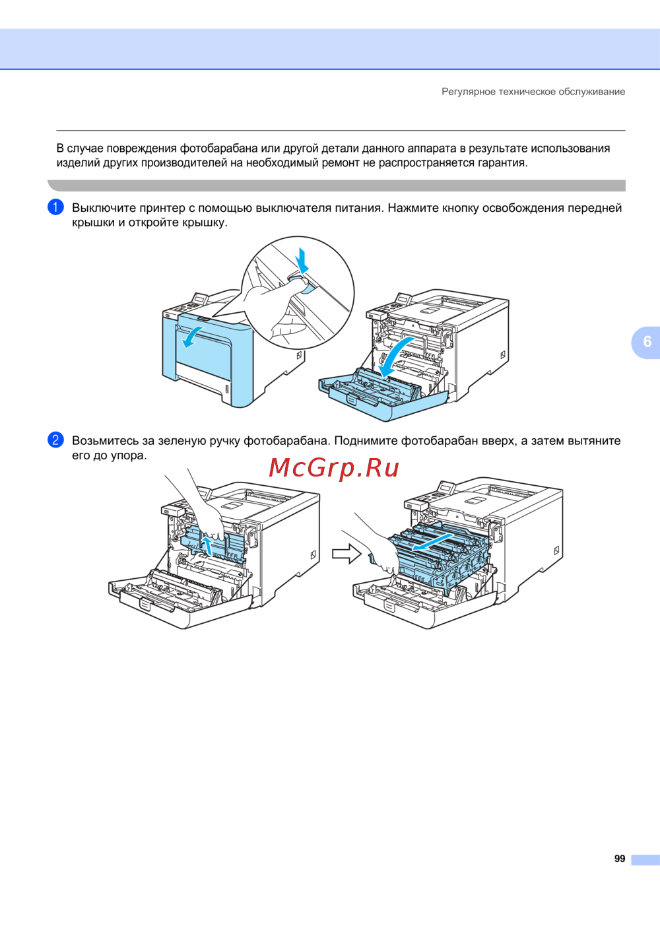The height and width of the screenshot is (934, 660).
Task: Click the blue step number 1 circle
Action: (x=55, y=207)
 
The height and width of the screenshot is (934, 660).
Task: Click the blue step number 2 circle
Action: (x=55, y=440)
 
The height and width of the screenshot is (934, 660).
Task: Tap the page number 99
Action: (x=620, y=859)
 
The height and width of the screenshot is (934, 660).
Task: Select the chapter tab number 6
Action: (x=647, y=341)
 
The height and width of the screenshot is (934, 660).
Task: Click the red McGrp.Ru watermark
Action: (x=334, y=468)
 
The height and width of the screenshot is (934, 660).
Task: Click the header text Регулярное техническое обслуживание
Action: (x=533, y=91)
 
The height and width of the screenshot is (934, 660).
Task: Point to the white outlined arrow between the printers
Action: (x=346, y=554)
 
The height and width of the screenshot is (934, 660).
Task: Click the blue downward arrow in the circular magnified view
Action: (x=302, y=261)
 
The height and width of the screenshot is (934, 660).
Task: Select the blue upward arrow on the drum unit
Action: (x=207, y=546)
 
